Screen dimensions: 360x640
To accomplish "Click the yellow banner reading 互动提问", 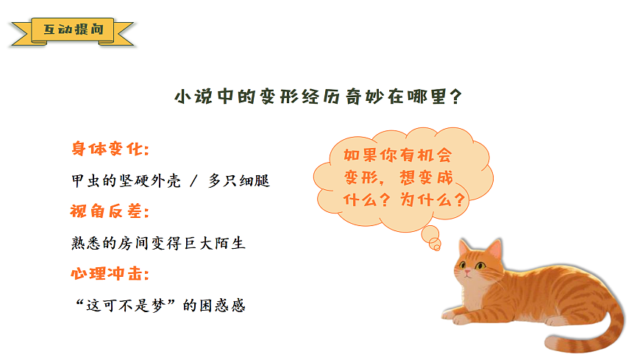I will pyautogui.click(x=73, y=31).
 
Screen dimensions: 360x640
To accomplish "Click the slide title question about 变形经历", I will pyautogui.click(x=319, y=96).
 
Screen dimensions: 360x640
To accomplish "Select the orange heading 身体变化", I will pyautogui.click(x=110, y=149).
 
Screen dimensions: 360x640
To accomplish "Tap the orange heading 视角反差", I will pyautogui.click(x=110, y=212).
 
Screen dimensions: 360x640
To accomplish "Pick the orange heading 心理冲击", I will pyautogui.click(x=110, y=274).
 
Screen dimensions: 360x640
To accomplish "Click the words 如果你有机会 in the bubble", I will pyautogui.click(x=397, y=155).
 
